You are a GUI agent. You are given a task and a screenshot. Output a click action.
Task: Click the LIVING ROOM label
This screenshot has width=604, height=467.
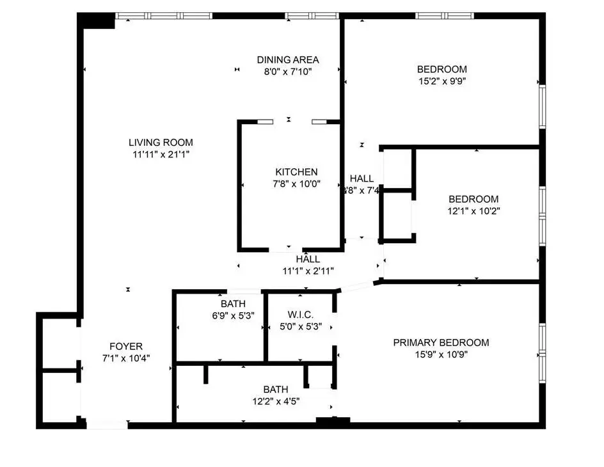160,143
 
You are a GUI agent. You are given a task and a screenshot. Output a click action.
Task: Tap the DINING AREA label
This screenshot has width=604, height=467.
288,60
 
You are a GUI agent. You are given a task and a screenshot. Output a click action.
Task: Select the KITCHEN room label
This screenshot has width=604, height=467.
296,172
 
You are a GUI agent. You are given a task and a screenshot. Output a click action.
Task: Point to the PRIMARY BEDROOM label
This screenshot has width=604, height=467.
441,343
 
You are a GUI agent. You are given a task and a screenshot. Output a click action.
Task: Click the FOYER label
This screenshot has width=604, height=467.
126,347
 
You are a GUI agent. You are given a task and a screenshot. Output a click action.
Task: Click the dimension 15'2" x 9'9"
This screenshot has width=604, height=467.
441,81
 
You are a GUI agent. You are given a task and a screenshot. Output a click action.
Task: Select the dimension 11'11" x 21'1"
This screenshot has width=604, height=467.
160,154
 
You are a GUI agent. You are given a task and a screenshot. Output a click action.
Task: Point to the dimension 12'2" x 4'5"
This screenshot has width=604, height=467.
276,401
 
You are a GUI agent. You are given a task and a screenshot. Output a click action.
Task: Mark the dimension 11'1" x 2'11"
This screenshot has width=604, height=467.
308,271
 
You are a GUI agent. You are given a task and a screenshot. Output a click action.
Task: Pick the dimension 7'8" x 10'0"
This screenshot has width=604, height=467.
296,184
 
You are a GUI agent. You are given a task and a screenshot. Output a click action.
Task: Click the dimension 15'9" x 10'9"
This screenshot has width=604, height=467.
441,354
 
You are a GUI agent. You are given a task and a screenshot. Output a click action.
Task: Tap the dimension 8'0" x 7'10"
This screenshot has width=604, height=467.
288,72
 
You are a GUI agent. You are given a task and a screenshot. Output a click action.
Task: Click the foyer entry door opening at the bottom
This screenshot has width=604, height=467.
107,424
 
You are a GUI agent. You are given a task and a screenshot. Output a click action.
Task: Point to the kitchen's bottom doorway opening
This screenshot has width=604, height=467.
286,248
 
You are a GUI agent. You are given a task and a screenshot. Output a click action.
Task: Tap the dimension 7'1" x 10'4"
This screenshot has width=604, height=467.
126,358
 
